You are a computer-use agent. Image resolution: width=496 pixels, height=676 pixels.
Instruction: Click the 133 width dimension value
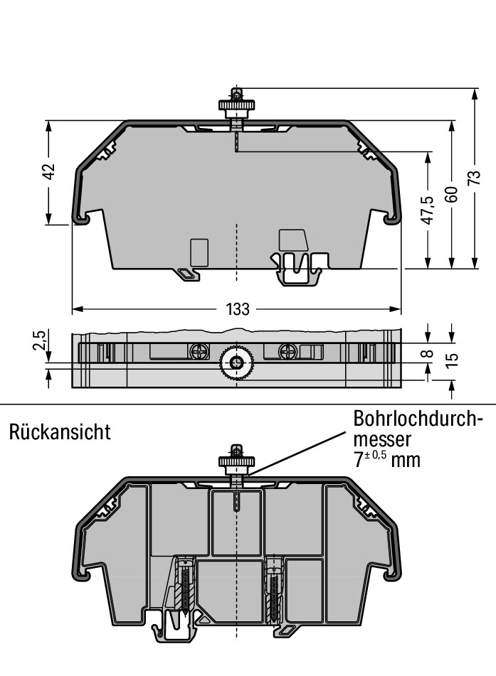pyautogui.click(x=238, y=309)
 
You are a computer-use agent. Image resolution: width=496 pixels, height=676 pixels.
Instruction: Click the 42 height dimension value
pyautogui.click(x=50, y=171)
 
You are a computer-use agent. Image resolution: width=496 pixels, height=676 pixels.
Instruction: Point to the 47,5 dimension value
pyautogui.click(x=428, y=210)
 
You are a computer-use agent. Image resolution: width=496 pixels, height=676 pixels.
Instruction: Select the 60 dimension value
pyautogui.click(x=452, y=194)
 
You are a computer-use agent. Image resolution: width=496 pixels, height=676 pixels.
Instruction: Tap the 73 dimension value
pyautogui.click(x=474, y=178)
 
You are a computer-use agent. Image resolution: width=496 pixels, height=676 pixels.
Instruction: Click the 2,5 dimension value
pyautogui.click(x=39, y=340)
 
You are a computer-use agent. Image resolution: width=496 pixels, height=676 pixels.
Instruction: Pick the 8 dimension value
pyautogui.click(x=428, y=353)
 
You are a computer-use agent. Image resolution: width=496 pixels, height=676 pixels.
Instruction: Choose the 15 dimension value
pyautogui.click(x=452, y=360)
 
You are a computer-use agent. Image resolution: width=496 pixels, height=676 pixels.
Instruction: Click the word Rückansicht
pyautogui.click(x=60, y=431)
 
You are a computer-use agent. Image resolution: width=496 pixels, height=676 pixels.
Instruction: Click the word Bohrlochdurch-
pyautogui.click(x=418, y=418)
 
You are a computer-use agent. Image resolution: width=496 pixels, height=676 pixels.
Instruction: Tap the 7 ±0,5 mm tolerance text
pyautogui.click(x=387, y=460)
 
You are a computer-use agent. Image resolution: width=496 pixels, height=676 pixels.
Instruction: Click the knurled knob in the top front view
pyautogui.click(x=236, y=105)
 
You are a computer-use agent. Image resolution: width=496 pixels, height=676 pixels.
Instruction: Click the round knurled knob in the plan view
pyautogui.click(x=236, y=363)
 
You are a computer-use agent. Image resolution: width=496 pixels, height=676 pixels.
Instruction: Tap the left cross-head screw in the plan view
pyautogui.click(x=199, y=351)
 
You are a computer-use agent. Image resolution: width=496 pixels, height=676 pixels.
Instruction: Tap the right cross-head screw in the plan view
pyautogui.click(x=288, y=351)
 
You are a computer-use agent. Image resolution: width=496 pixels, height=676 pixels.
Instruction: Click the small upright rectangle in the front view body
pyautogui.click(x=199, y=252)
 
